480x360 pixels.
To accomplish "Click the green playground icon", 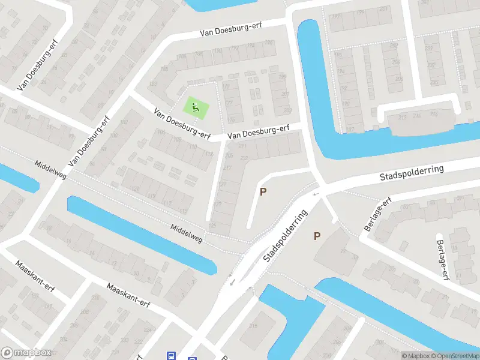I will tap(195, 108).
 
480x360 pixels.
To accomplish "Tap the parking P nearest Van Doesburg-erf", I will tap(262, 191).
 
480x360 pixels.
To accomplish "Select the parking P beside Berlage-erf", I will tap(317, 236).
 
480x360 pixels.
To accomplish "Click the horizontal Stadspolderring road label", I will tap(412, 173).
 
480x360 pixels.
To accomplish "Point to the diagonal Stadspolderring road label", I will tap(284, 236).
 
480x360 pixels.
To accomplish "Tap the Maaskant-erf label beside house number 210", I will tap(128, 295).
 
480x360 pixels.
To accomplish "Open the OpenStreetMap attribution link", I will tap(454, 356).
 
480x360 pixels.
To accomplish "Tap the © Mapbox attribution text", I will tap(416, 356).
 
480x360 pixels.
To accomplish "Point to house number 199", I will tap(336, 16).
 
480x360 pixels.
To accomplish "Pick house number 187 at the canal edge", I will tap(350, 129).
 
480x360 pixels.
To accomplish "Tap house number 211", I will tap(242, 146).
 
